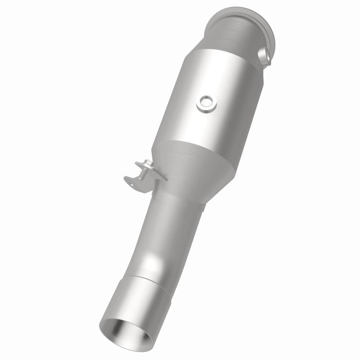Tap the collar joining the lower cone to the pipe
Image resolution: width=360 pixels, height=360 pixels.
click(x=180, y=198)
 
